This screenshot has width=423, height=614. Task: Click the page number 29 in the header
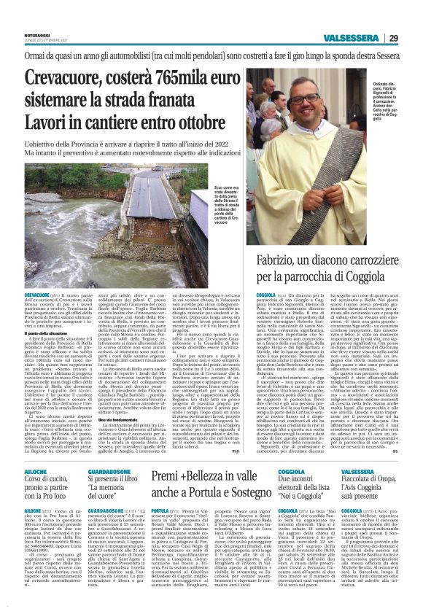[x=392, y=38]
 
